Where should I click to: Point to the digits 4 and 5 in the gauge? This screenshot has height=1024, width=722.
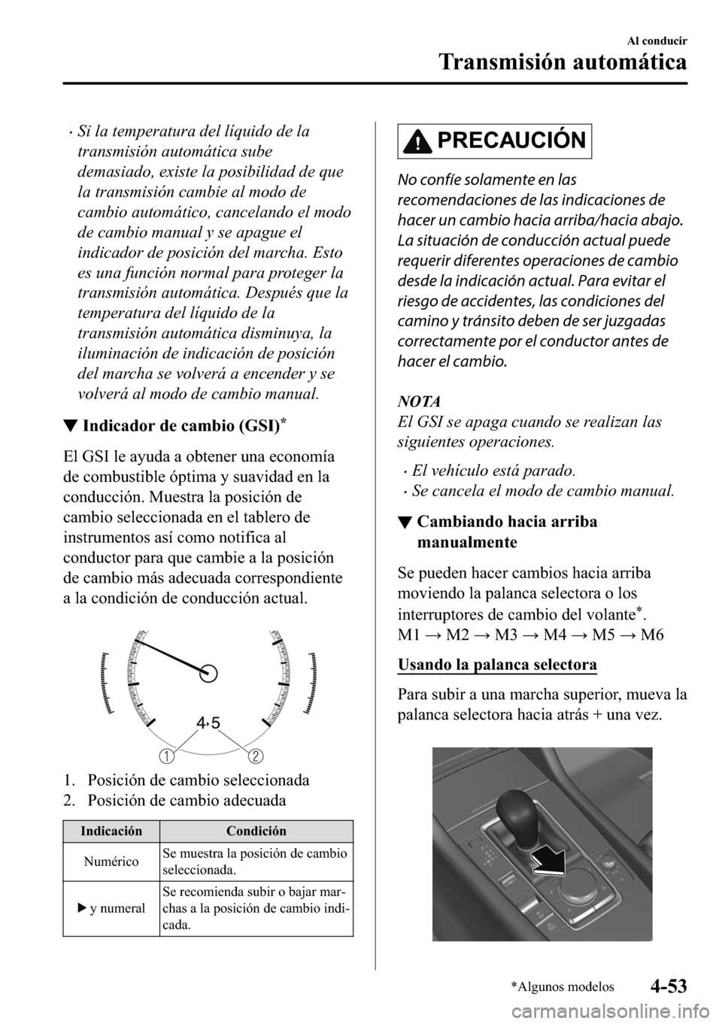pyautogui.click(x=208, y=723)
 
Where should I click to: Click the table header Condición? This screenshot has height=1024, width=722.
pyautogui.click(x=256, y=831)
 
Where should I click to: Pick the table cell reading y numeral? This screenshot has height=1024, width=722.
pyautogui.click(x=112, y=908)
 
